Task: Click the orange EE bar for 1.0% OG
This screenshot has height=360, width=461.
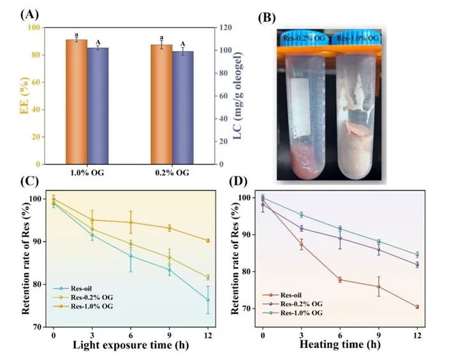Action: click(x=76, y=101)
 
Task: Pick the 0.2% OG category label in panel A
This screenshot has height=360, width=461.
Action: click(x=172, y=173)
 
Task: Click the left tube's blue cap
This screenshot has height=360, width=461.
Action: click(x=305, y=36)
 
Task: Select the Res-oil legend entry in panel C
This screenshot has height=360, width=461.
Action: click(x=80, y=289)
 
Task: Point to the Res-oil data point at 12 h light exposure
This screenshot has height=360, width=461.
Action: click(x=208, y=299)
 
